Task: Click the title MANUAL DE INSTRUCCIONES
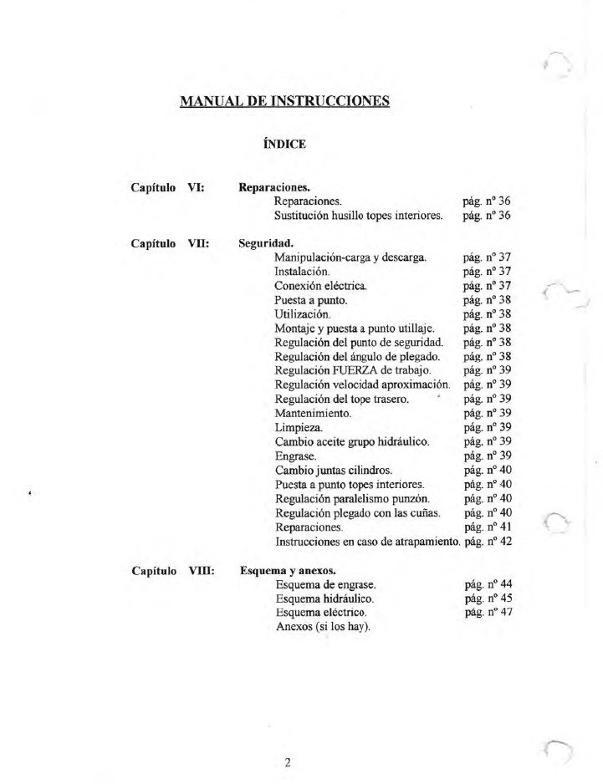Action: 284,102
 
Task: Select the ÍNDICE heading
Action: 284,144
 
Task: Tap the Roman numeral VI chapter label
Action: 198,188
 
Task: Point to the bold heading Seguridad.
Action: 266,242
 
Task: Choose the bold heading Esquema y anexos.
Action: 288,572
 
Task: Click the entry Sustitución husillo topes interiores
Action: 358,216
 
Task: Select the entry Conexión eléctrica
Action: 320,286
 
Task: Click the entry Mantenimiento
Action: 313,413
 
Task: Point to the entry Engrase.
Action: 295,456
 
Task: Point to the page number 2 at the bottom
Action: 287,762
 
